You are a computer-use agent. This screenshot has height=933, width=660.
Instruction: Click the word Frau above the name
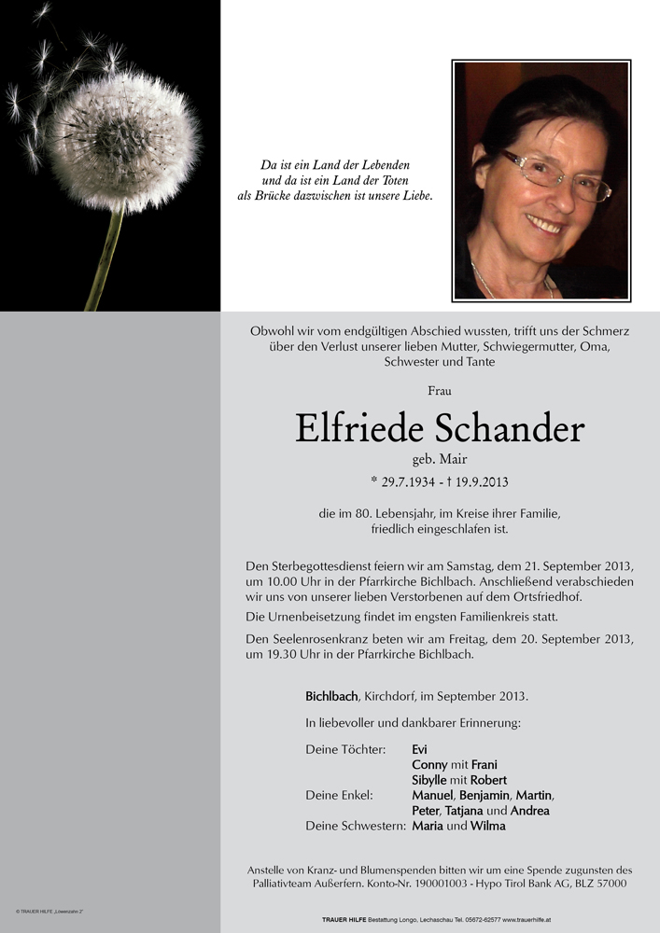coord(439,391)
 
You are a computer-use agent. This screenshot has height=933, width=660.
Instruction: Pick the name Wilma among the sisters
coord(488,826)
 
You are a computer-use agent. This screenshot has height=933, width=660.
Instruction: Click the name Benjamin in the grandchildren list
coord(484,795)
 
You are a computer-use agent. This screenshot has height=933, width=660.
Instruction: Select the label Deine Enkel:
coord(339,795)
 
